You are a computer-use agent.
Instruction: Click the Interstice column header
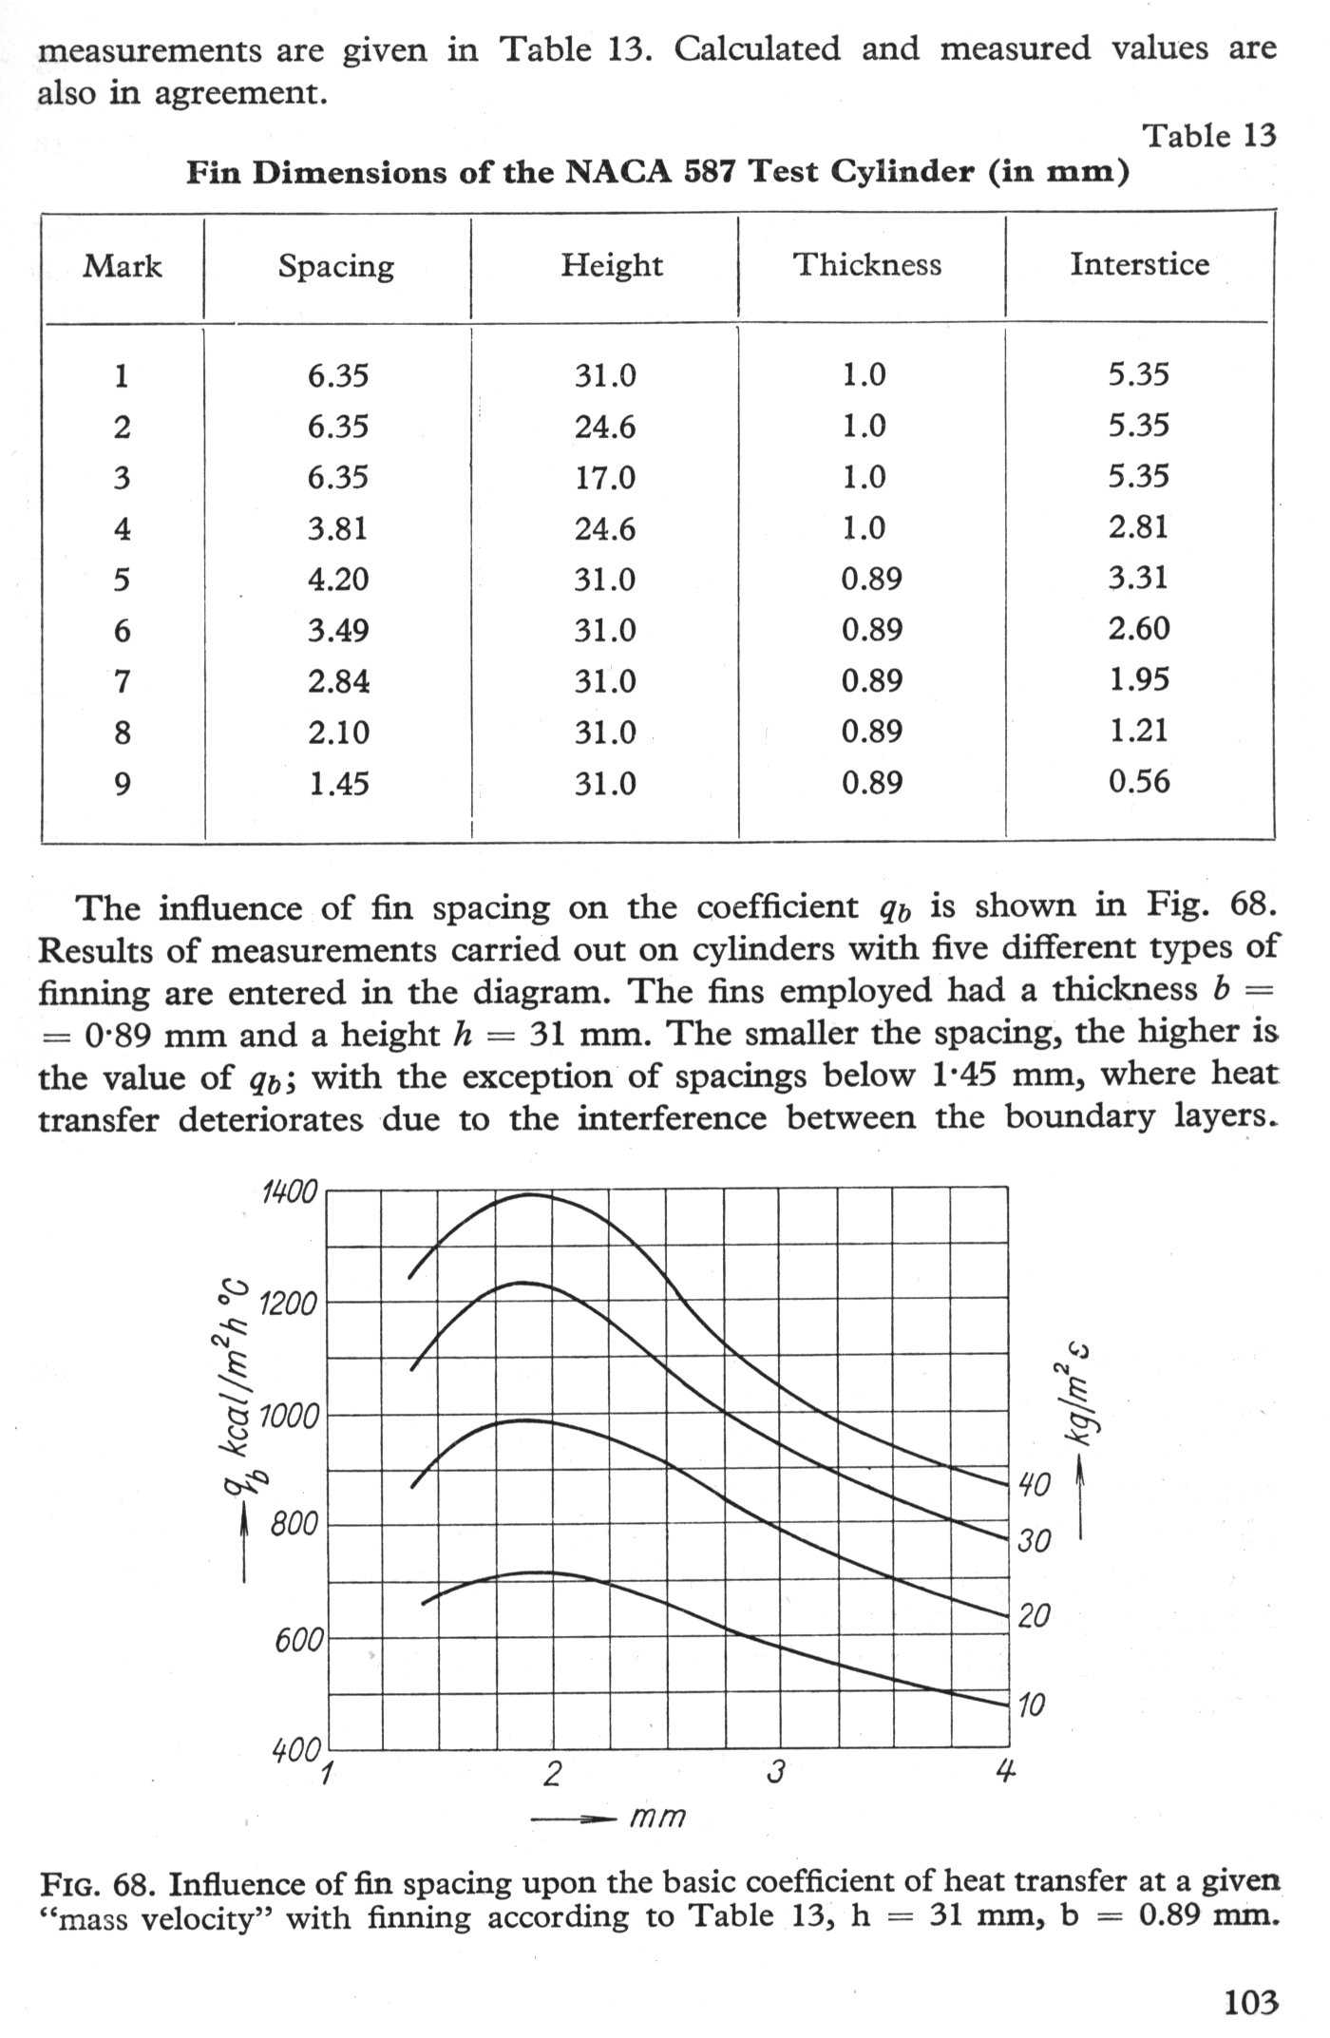[1139, 264]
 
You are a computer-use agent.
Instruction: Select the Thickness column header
[867, 264]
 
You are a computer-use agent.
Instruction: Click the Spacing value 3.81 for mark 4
[337, 528]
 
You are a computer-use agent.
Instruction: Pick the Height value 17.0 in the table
[604, 477]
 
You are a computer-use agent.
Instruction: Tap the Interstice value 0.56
[1139, 782]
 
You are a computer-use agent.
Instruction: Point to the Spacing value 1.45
[337, 784]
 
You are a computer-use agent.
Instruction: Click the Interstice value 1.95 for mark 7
[1139, 680]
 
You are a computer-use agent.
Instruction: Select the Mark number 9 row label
[122, 784]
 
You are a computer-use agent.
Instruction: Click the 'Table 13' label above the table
[1208, 136]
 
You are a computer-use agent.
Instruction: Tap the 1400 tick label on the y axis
[289, 1191]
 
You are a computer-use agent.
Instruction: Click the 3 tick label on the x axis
[777, 1772]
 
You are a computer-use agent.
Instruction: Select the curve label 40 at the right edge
[1034, 1484]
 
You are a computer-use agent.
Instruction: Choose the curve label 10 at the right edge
[1031, 1705]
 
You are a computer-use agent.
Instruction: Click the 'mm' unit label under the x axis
[656, 1817]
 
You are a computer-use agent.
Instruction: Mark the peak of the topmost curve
[528, 1194]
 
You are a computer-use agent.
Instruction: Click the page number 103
[1250, 2003]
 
